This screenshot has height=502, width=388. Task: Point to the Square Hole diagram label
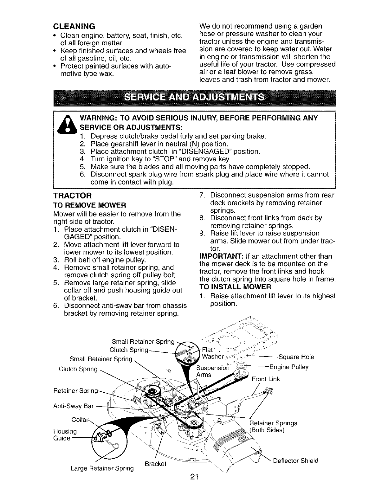296,357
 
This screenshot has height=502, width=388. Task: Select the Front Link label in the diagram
266,379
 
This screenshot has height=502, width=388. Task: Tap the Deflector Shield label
295,461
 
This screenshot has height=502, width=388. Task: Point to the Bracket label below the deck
155,464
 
